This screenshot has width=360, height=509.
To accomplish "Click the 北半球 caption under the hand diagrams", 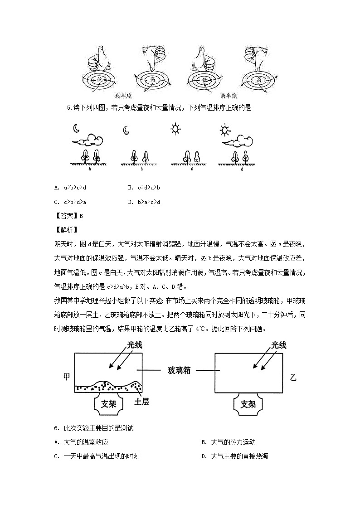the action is click(123, 96).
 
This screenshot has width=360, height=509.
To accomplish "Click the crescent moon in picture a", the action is click(77, 129).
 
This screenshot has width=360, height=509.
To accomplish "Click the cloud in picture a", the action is click(89, 140).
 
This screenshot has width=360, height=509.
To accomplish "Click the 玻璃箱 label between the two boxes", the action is click(178, 370).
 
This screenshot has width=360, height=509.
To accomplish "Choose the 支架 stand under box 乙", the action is click(249, 404).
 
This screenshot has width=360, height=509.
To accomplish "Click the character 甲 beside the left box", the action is click(67, 377).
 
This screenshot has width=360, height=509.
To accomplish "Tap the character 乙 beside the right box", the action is click(293, 377).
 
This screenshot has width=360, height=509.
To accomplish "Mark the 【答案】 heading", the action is click(66, 216).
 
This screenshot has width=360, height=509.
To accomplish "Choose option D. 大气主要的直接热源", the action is click(234, 456).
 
